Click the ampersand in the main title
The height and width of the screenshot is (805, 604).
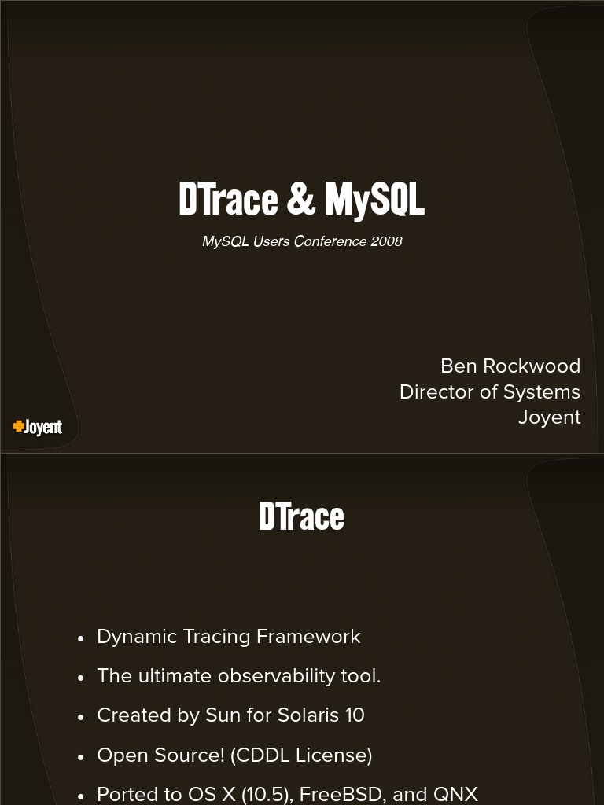click(x=300, y=200)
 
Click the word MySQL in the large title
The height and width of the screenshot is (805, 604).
click(x=374, y=200)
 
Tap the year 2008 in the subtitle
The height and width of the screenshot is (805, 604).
click(x=386, y=241)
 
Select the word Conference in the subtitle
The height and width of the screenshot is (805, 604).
click(x=330, y=241)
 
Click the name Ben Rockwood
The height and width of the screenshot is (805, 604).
click(x=510, y=366)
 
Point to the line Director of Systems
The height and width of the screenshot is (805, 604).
click(x=489, y=391)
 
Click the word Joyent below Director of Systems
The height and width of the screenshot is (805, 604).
click(x=549, y=417)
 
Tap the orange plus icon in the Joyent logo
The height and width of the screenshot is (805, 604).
click(x=18, y=426)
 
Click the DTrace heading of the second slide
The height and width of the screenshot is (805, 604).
click(x=301, y=516)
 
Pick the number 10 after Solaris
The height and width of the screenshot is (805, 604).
click(x=354, y=715)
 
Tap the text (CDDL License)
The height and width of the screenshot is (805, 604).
click(x=301, y=755)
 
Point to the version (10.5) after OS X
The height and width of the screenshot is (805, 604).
click(x=267, y=794)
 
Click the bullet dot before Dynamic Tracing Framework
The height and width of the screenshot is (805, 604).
click(x=81, y=638)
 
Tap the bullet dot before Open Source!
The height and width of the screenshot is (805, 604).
click(x=81, y=757)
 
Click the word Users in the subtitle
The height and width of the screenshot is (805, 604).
click(x=271, y=241)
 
